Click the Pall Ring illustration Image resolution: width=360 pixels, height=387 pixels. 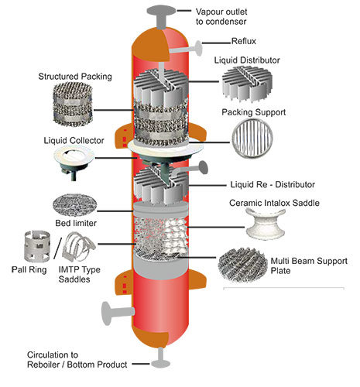tap(37, 246)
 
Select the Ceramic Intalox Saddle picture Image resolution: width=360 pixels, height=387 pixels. tap(266, 224)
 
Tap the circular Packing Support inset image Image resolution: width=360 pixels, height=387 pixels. tap(252, 139)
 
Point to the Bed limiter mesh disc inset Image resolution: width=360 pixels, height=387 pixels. tap(75, 205)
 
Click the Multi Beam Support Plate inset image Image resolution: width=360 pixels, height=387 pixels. tap(242, 265)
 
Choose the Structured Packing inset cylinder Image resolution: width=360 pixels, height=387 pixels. tap(73, 104)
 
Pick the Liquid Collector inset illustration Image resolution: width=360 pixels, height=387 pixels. tap(74, 162)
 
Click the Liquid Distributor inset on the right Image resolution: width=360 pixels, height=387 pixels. tap(247, 84)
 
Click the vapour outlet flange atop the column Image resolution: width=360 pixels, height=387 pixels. tap(162, 12)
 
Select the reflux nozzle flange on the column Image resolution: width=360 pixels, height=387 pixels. tap(199, 48)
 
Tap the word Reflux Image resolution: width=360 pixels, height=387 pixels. tap(244, 41)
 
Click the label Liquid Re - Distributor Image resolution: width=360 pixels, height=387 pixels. tap(273, 185)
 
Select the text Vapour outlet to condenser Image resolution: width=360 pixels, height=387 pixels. tap(221, 16)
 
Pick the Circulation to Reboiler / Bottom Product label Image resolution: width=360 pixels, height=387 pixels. tap(77, 360)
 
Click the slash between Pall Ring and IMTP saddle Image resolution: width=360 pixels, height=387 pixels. tap(58, 248)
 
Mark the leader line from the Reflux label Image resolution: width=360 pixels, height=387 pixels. tap(216, 43)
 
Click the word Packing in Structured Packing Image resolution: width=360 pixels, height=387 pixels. tap(97, 77)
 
